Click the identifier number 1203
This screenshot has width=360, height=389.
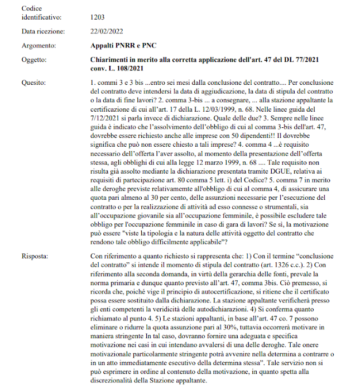point(97,18)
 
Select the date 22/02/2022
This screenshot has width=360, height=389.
point(107,32)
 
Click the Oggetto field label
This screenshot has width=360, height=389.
point(35,59)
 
